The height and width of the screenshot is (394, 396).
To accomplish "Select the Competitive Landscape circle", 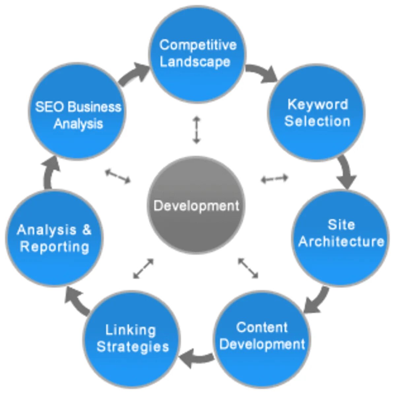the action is pos(197,54).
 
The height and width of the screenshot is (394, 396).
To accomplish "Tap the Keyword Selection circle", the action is pos(317,112).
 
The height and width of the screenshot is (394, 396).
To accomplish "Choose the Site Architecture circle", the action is pos(341,237).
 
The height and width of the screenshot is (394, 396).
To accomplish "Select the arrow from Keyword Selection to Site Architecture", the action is pos(346,172).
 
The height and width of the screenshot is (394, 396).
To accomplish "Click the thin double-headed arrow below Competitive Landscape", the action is pos(197,130).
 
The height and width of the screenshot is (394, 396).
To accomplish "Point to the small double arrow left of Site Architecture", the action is pos(275,179).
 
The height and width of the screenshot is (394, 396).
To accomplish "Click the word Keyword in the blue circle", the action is pos(317,104).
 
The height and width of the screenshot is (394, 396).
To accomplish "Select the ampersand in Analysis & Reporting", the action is pos(87,229).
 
